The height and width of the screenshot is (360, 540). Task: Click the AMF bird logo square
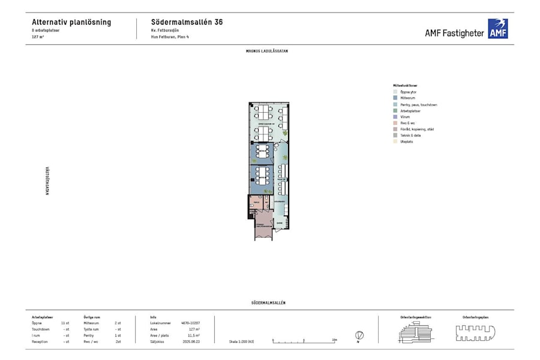pyautogui.click(x=497, y=29)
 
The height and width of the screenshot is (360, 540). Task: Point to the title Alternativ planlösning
pyautogui.click(x=71, y=22)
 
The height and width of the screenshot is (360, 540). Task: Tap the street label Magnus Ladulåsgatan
pyautogui.click(x=267, y=51)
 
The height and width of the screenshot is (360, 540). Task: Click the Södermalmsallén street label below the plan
pyautogui.click(x=268, y=303)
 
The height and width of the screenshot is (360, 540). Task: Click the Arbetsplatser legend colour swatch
pyautogui.click(x=388, y=111)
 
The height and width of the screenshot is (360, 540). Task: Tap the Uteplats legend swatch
pyautogui.click(x=388, y=142)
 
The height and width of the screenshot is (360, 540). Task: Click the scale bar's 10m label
pyautogui.click(x=334, y=340)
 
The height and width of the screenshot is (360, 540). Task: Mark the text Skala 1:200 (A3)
pyautogui.click(x=241, y=341)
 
